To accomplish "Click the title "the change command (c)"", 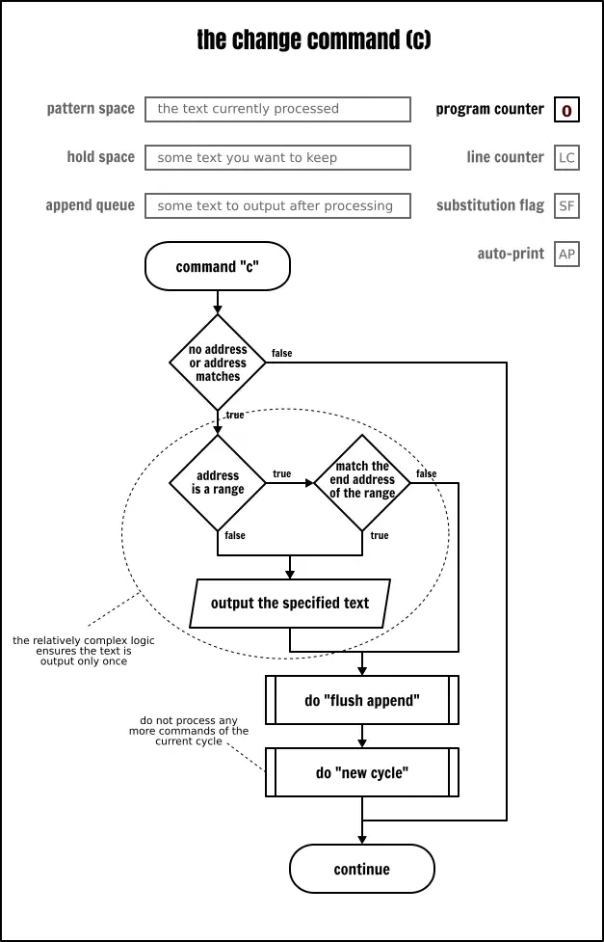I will point(313,40).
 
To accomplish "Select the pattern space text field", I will point(277,109).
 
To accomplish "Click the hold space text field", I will point(277,157).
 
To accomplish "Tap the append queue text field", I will point(277,205).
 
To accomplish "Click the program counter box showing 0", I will point(566,110).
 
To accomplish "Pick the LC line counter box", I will point(566,158).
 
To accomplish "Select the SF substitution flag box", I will point(566,206).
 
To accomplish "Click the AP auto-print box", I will point(566,255).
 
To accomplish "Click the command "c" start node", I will point(218,267).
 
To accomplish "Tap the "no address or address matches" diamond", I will point(218,363).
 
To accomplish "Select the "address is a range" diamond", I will point(218,483).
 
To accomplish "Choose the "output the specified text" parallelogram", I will point(290,604).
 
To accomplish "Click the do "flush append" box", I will point(362,700).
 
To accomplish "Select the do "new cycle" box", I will point(362,772).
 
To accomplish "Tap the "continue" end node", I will point(362,869).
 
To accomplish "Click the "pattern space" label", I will point(91,109).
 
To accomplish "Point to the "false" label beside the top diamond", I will point(281,354).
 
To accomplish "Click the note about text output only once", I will point(84,651).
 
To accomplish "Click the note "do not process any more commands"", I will point(189,731).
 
